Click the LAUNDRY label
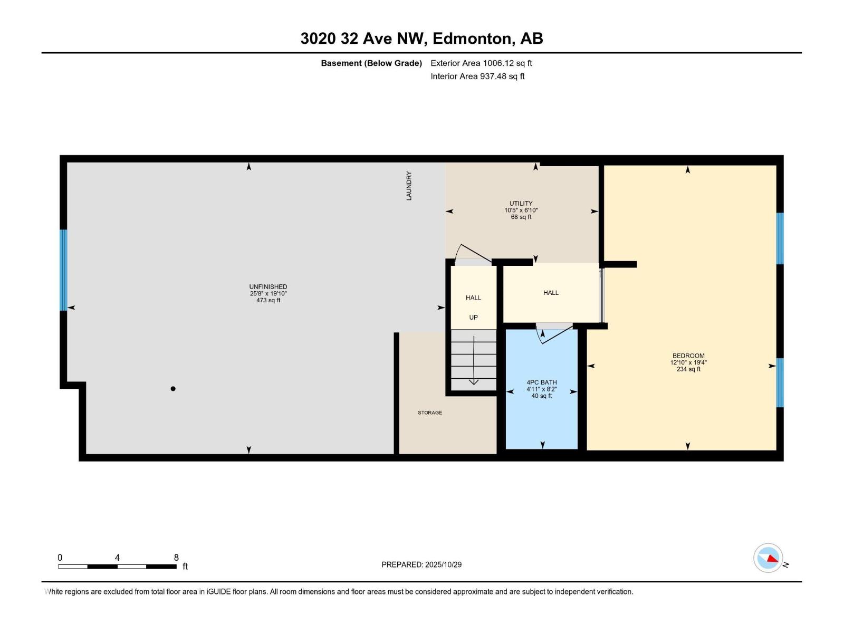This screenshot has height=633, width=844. coord(409,186)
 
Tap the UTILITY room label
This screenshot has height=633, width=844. coord(521,204)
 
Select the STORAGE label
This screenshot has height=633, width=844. coord(430,413)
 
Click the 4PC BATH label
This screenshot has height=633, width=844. coord(541,382)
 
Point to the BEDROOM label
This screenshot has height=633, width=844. coord(688,356)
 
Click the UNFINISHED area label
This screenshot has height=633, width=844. coord(268,287)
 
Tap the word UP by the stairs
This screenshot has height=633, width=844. coord(473,318)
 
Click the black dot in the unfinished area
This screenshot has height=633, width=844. coord(173,389)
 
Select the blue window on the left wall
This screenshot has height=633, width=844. coord(63,270)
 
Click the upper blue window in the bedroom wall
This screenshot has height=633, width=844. coord(780,238)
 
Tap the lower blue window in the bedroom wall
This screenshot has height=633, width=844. coord(780,383)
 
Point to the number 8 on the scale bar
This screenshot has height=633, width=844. coord(176,558)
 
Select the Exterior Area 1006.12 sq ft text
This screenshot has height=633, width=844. coord(481,63)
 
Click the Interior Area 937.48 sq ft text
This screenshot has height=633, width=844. coord(477,76)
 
